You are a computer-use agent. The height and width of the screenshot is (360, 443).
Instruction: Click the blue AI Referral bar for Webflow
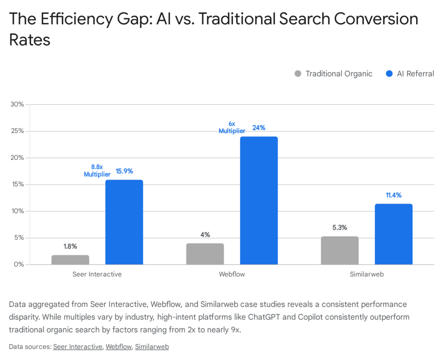[259, 201]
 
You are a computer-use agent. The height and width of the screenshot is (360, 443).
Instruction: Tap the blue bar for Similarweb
[393, 234]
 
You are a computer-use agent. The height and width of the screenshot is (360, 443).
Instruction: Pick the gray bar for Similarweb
[340, 250]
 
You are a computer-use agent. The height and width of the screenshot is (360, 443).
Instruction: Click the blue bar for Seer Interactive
[124, 222]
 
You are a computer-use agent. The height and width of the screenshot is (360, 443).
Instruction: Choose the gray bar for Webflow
[205, 254]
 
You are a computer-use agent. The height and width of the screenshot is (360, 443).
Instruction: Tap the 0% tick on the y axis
[19, 264]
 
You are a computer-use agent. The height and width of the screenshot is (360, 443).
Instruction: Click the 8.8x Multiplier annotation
[97, 170]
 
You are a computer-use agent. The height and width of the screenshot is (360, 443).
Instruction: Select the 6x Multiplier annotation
[232, 127]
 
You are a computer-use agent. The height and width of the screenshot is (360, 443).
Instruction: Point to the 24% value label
[259, 128]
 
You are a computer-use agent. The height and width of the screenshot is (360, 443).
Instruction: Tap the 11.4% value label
[393, 195]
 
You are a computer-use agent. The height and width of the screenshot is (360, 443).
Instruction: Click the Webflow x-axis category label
[232, 274]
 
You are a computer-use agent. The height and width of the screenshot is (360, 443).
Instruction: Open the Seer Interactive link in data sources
[77, 347]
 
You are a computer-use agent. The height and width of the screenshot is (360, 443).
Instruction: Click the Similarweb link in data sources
[151, 347]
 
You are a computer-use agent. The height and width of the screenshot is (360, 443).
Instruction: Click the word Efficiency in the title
[73, 19]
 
